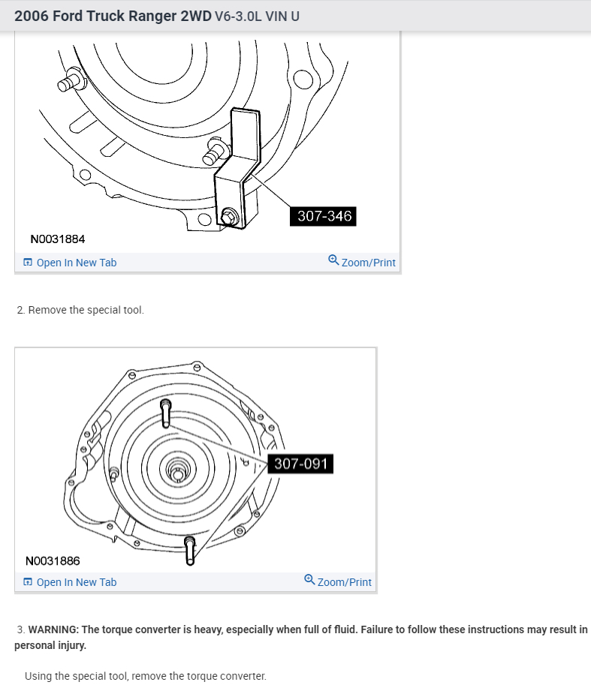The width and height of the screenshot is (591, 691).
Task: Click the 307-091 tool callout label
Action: [x=301, y=464]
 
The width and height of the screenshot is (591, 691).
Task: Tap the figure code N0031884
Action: [x=58, y=239]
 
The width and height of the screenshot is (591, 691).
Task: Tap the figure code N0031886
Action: [x=53, y=560]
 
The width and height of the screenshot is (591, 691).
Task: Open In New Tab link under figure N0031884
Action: [x=76, y=263]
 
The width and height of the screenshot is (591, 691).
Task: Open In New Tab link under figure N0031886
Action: [x=76, y=582]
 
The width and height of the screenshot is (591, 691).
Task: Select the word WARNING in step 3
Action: [x=53, y=629]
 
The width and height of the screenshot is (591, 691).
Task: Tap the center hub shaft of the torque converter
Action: [x=176, y=473]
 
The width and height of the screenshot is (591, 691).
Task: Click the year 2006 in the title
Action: [x=32, y=16]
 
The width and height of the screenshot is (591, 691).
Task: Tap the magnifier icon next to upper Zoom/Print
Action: [x=333, y=261]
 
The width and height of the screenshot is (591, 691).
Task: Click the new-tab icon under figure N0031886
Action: [x=28, y=582]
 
